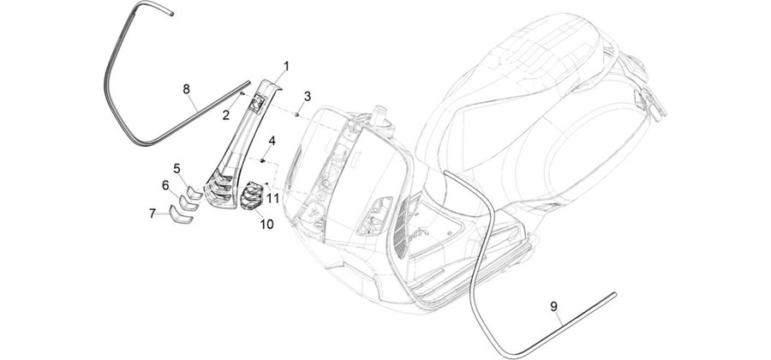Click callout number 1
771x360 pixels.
[286, 66]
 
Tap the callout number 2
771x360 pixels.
[225, 115]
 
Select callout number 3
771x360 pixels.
[307, 96]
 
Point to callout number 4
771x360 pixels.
[272, 141]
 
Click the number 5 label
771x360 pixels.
[176, 169]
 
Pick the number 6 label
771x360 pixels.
[165, 185]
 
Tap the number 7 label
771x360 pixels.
[152, 213]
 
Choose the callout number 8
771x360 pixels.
[187, 89]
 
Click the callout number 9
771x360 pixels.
[553, 306]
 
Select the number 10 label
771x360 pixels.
[266, 225]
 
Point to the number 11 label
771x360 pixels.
[272, 198]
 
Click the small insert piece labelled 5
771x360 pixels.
[194, 192]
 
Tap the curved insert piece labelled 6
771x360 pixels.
[188, 203]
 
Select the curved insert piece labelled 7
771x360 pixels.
[182, 215]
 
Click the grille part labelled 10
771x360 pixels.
[252, 195]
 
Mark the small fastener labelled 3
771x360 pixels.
[297, 115]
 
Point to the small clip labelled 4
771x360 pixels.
[264, 160]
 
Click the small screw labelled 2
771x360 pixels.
[242, 93]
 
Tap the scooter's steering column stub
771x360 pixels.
[380, 114]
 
